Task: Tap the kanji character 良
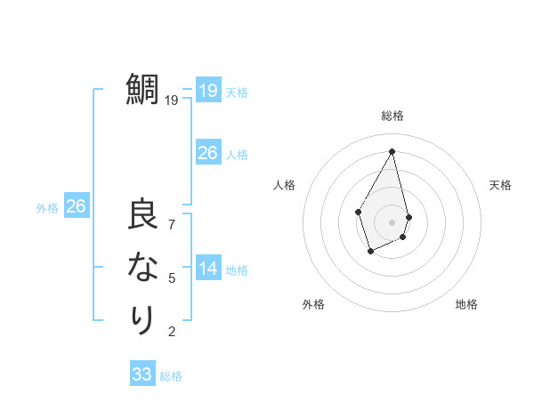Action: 143,216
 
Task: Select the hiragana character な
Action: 143,268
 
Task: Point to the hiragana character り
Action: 143,318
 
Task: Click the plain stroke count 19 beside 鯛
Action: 172,100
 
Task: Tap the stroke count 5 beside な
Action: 172,277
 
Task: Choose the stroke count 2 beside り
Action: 172,332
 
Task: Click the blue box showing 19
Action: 207,90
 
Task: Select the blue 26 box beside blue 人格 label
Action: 207,153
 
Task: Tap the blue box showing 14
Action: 207,269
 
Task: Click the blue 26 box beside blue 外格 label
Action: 76,206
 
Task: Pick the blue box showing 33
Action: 142,374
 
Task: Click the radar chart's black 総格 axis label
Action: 392,116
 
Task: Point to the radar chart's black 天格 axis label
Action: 500,185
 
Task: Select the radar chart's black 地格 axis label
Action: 466,304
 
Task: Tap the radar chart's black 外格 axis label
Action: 313,304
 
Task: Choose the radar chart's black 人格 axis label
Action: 285,185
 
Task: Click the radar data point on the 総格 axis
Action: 392,151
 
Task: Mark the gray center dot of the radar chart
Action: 392,221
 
